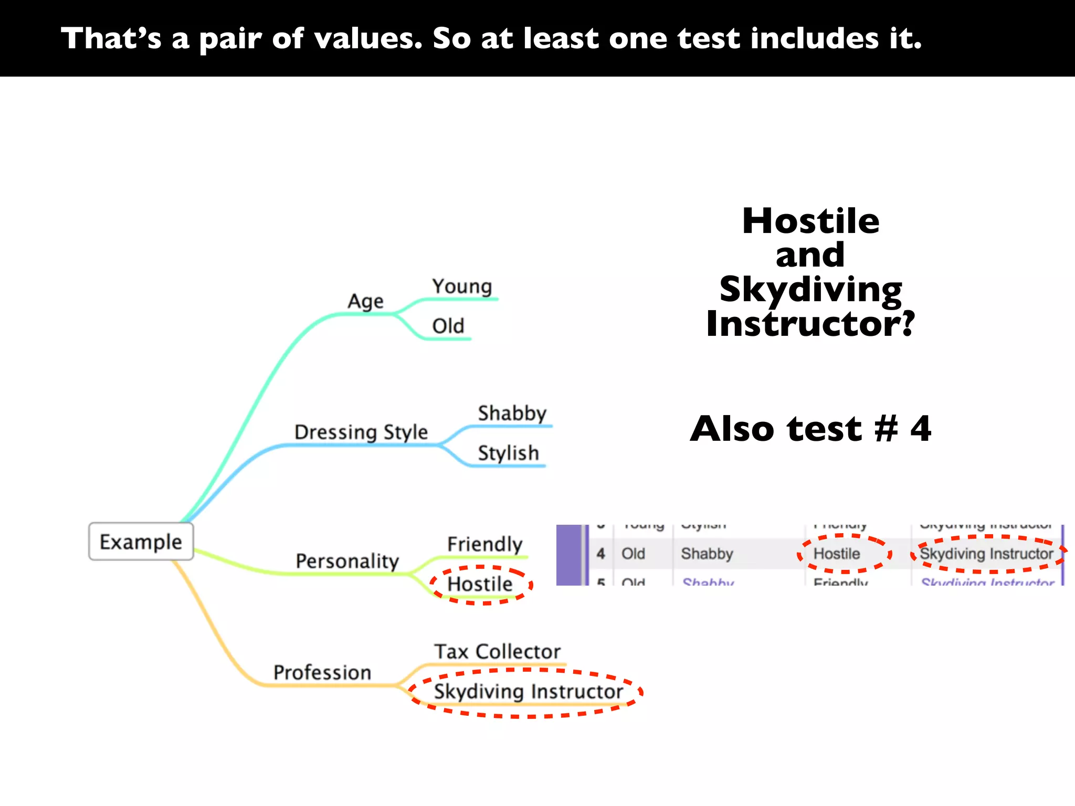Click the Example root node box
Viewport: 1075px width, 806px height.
[x=141, y=542]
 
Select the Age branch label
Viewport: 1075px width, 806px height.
[x=365, y=302]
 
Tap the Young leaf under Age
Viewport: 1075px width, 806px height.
[x=462, y=287]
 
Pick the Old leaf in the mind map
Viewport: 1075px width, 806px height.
[x=448, y=326]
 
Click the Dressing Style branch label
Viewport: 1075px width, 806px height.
[x=361, y=432]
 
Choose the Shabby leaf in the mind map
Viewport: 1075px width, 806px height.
[x=512, y=413]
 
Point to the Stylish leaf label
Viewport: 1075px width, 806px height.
[x=508, y=453]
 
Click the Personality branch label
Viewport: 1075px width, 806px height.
[x=347, y=561]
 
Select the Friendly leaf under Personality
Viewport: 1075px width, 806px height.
[x=484, y=544]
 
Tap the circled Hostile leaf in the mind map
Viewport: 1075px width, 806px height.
[x=480, y=584]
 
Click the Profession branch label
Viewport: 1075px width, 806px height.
[x=322, y=672]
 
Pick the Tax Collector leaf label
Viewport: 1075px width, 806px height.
[x=497, y=652]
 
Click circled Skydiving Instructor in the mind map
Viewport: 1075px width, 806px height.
[x=528, y=692]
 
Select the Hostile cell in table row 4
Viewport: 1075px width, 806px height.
[x=837, y=554]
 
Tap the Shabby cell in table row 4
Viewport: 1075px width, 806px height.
[x=707, y=554]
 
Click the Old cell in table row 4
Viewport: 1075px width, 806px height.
[x=633, y=554]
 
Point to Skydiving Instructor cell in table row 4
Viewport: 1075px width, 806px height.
[x=986, y=554]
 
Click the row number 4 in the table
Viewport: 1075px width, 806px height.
[x=601, y=554]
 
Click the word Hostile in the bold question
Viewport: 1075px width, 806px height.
[x=810, y=221]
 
